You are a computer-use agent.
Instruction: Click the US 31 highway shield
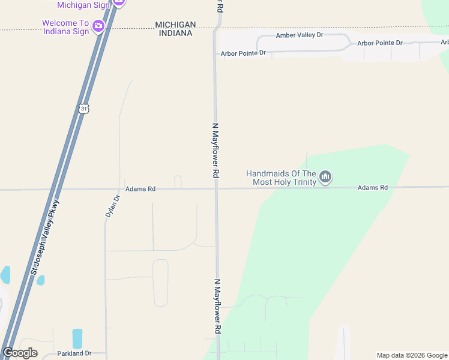[x=83, y=108]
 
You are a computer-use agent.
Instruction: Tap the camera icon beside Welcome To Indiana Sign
[x=98, y=26]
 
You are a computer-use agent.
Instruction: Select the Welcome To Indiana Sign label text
[x=66, y=28]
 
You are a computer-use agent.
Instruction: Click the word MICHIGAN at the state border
[x=175, y=25]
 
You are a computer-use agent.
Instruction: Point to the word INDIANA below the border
[x=175, y=34]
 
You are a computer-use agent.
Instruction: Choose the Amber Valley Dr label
[x=299, y=35]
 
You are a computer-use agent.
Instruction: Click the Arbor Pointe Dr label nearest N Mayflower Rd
[x=243, y=53]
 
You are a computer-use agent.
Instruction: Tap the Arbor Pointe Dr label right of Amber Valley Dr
[x=379, y=43]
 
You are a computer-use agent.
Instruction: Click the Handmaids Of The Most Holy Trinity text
[x=281, y=178]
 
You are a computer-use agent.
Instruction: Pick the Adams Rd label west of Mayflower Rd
[x=140, y=189]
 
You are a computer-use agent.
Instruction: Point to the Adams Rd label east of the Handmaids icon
[x=372, y=188]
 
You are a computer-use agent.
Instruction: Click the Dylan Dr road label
[x=109, y=206]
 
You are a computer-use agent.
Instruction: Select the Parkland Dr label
[x=74, y=353]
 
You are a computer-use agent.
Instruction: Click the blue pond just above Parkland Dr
[x=77, y=338]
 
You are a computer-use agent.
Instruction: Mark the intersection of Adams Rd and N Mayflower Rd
[x=216, y=188]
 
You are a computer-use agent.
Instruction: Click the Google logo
[x=20, y=353]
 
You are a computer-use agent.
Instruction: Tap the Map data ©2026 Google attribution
[x=412, y=355]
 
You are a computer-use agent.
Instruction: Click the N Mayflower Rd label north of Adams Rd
[x=215, y=150]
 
